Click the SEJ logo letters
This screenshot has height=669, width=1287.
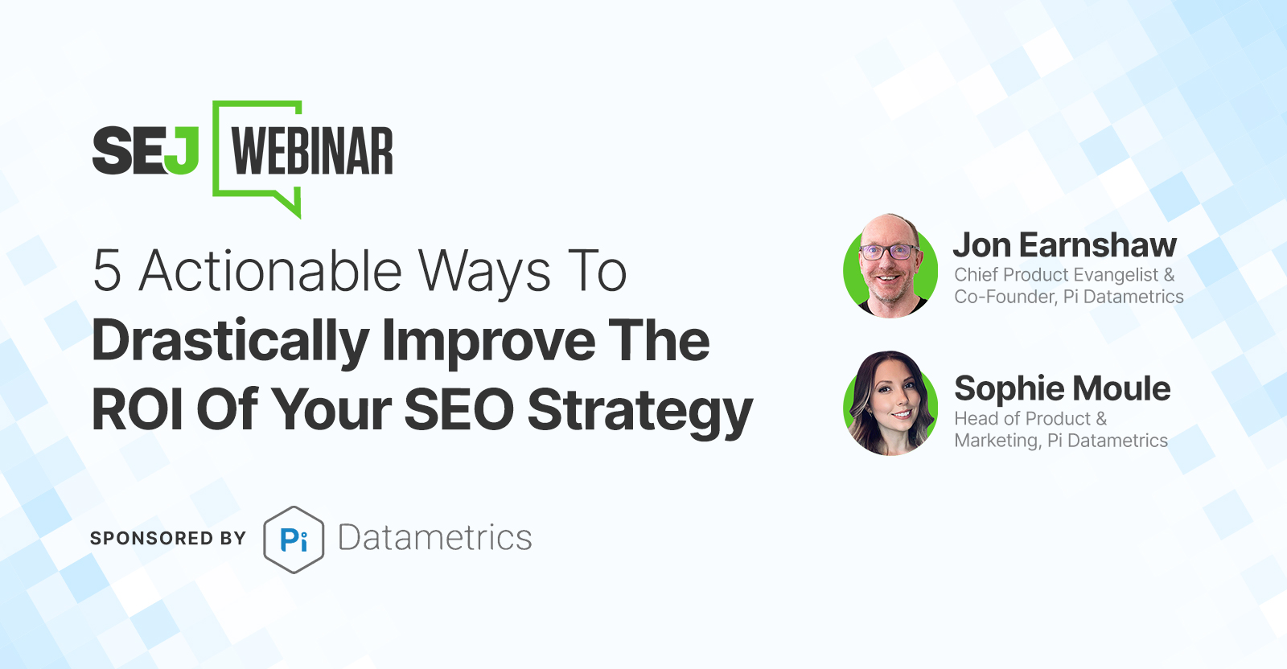tap(146, 150)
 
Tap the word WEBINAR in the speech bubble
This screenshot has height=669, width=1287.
tap(312, 150)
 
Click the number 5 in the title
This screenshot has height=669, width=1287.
tap(107, 270)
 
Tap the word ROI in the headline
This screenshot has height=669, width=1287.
tap(138, 408)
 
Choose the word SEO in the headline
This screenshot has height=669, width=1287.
tap(459, 408)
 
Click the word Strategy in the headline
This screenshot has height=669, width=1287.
tap(640, 412)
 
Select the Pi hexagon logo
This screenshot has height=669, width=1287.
tap(294, 540)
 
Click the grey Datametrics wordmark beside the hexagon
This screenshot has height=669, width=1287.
tap(435, 538)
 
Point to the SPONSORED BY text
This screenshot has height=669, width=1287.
tap(168, 538)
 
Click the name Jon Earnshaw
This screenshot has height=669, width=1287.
tap(1065, 245)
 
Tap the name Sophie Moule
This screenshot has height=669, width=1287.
tap(1063, 388)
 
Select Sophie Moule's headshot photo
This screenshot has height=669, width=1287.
tap(890, 403)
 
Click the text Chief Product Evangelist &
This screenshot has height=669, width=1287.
tap(1064, 275)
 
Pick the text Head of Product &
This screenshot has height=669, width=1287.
tap(1030, 419)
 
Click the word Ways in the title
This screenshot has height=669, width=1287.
tap(484, 273)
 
